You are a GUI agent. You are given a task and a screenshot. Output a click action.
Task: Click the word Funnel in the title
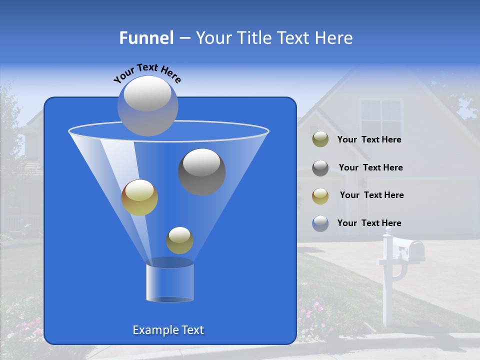coord(146,38)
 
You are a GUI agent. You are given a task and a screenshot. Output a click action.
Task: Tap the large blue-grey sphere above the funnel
coord(148,105)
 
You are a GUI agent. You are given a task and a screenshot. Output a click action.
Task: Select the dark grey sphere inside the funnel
coord(202,171)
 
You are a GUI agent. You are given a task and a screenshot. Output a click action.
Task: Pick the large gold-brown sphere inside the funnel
coord(139,197)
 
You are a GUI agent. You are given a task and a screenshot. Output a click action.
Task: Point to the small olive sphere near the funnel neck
coord(179,240)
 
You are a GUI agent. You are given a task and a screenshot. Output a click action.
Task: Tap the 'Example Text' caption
coord(168,330)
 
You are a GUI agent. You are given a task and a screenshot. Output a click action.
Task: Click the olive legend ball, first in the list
coord(320,139)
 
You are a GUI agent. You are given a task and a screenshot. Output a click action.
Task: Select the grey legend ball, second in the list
coord(320,167)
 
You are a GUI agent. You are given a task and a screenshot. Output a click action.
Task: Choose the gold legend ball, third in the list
coord(320,195)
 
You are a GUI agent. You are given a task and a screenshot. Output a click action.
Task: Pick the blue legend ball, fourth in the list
coord(320,223)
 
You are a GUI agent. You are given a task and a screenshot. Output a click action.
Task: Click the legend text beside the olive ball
coord(369,140)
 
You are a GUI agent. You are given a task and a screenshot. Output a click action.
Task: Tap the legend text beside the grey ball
coord(370,167)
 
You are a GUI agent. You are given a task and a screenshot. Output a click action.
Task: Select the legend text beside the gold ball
coord(371,195)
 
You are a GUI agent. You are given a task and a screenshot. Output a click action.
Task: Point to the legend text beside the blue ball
coord(369,223)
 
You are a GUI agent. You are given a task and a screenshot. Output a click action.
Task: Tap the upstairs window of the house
coord(380,118)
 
